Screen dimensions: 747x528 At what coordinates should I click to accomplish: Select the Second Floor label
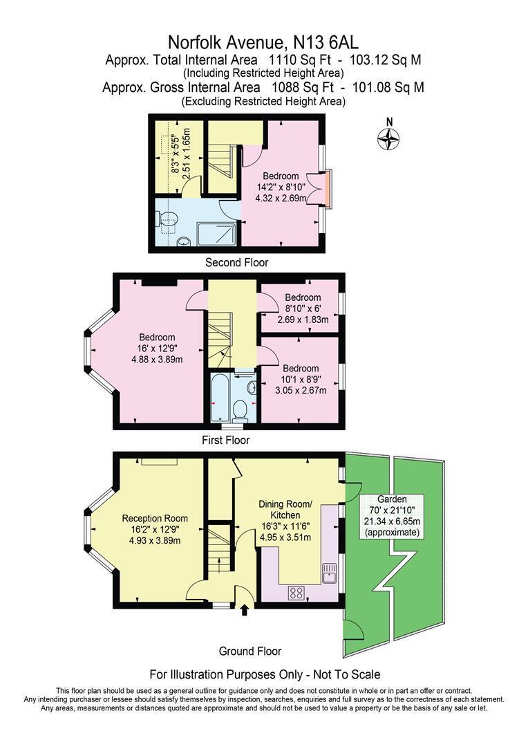point(236,263)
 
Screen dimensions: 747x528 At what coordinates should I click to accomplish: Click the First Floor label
point(225,440)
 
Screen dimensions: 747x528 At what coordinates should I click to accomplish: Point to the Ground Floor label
point(249,651)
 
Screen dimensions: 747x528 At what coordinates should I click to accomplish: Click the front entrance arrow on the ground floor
point(243,609)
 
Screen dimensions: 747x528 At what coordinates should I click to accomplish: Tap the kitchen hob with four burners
point(298,592)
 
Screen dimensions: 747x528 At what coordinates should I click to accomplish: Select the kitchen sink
point(330,571)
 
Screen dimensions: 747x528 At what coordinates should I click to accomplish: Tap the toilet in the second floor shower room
point(166,220)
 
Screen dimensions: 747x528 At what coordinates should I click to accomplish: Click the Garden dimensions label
point(392,515)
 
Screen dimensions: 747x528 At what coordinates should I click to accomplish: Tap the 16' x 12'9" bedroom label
point(159,349)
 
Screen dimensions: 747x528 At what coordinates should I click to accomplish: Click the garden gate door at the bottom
point(354,629)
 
